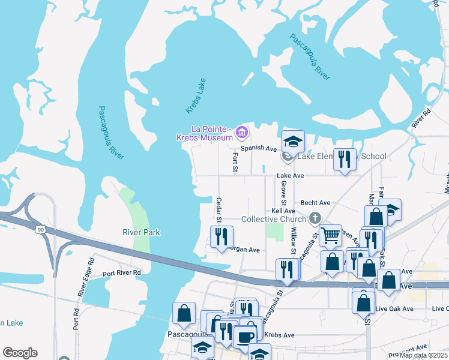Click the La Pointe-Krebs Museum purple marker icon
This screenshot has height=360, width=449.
pyautogui.click(x=242, y=131)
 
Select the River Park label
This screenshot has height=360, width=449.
pyautogui.click(x=141, y=232)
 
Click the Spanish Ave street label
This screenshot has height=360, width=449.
pyautogui.click(x=258, y=148)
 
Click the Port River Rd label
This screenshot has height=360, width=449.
pyautogui.click(x=121, y=273)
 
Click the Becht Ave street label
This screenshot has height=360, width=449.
pyautogui.click(x=316, y=203)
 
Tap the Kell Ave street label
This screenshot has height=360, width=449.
pyautogui.click(x=283, y=211)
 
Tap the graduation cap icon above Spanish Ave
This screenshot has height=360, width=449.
pyautogui.click(x=293, y=141)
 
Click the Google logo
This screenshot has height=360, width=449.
pyautogui.click(x=20, y=353)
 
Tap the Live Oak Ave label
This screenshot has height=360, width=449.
pyautogui.click(x=394, y=309)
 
